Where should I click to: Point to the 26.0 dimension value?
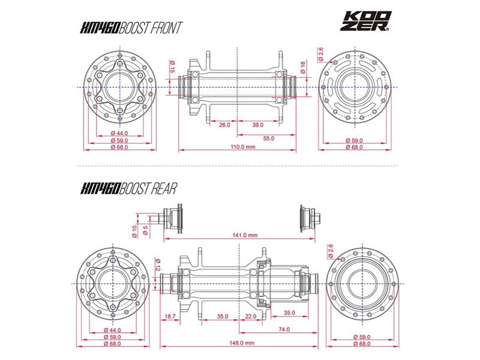tap(224, 125)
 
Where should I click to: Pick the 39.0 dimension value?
tap(257, 125)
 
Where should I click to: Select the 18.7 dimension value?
tap(170, 316)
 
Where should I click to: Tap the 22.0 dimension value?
tap(251, 316)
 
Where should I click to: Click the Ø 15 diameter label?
tap(172, 67)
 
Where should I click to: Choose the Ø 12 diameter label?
tap(157, 263)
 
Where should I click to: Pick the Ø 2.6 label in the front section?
tap(322, 55)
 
